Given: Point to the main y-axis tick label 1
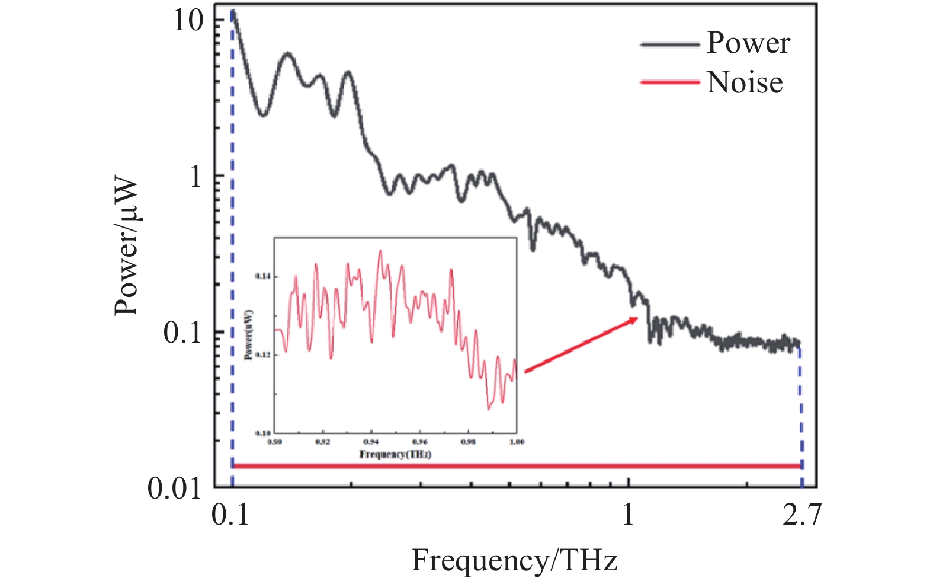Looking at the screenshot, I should [x=196, y=176].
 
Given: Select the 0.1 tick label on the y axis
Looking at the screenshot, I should [x=182, y=333].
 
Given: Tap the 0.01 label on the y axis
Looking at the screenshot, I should [x=175, y=489].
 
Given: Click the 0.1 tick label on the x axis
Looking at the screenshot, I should [x=230, y=515].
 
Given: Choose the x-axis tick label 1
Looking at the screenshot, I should [x=628, y=515].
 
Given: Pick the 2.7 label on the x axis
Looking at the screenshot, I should [x=801, y=515].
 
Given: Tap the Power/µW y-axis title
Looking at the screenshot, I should [x=127, y=247].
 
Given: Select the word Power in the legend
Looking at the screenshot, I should [x=748, y=43].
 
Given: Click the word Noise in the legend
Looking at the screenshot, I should [x=745, y=82].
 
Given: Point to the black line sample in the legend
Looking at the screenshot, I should [x=670, y=44].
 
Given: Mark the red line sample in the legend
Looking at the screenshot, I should [x=670, y=83].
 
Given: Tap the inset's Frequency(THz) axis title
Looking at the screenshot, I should [x=395, y=454].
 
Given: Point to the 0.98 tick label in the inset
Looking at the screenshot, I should [x=468, y=442].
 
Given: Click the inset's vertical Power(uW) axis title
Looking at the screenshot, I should [x=249, y=335].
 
